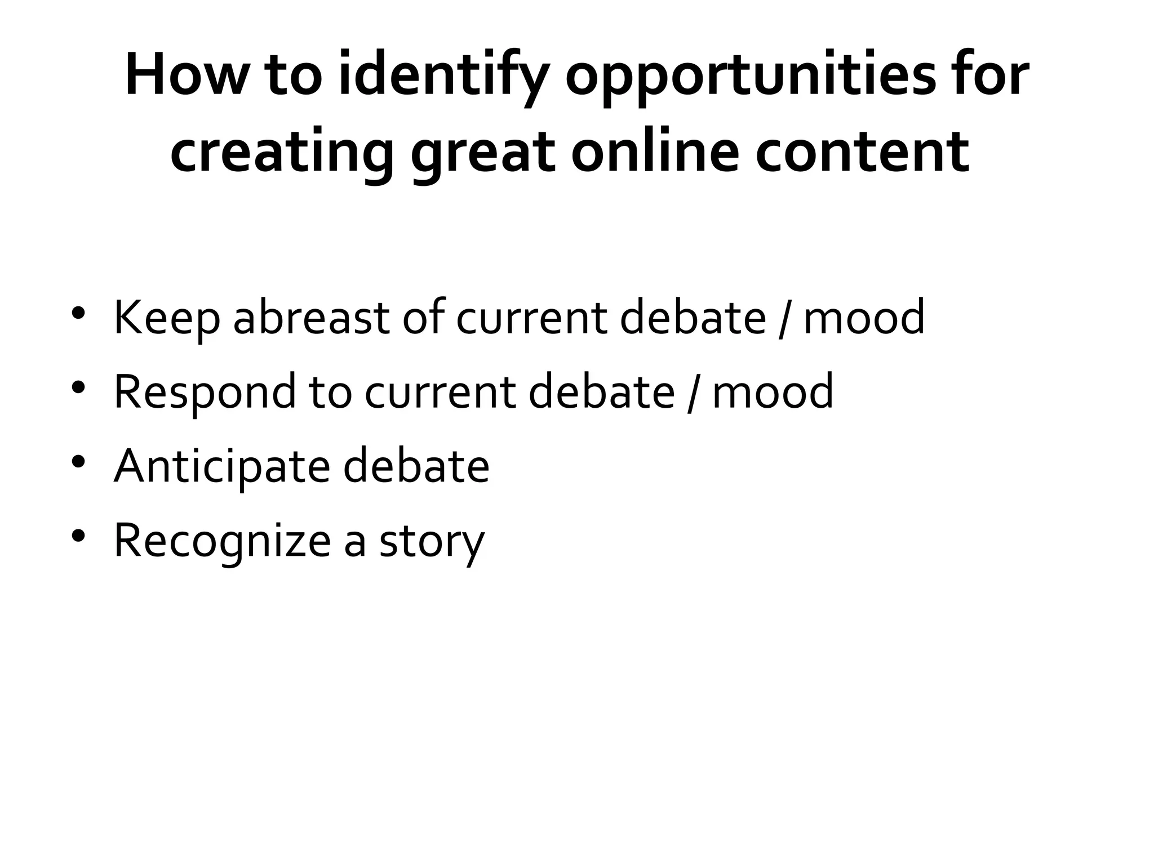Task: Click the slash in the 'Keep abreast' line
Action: tap(784, 318)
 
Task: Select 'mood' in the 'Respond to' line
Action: tap(773, 392)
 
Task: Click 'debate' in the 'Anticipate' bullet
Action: tap(416, 466)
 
